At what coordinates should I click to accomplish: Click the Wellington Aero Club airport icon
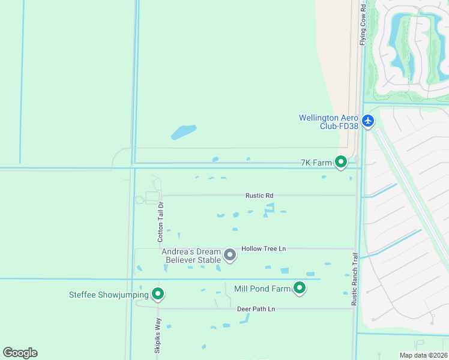tap(368, 121)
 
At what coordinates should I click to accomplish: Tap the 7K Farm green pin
tap(341, 162)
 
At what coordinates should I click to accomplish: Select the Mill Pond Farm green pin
tap(300, 289)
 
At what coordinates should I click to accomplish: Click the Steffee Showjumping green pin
tap(158, 294)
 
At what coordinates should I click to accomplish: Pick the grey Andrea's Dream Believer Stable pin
tap(229, 256)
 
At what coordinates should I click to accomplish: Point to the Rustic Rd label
tap(259, 196)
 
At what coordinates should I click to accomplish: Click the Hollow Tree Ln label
tap(264, 248)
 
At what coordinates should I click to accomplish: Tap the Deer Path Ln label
tap(256, 309)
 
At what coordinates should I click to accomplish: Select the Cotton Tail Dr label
tap(161, 221)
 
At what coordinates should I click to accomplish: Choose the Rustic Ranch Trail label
tap(354, 279)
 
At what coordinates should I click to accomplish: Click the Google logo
tap(20, 353)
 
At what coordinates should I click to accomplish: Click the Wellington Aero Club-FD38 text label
tap(328, 121)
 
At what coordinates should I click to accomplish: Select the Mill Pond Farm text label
tap(262, 289)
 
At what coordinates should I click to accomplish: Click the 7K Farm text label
tap(316, 163)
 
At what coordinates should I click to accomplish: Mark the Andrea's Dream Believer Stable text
tap(191, 255)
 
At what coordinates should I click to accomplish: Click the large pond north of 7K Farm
tap(184, 132)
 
